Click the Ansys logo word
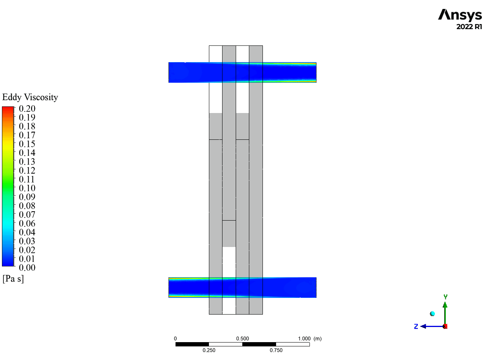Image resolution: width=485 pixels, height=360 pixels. coord(460,15)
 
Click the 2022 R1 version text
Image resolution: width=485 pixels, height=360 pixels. coord(469,27)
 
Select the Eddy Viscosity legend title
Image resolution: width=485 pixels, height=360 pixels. coord(30,97)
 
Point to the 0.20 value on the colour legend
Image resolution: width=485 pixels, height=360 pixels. coord(27,108)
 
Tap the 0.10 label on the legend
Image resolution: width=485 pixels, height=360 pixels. coord(27,188)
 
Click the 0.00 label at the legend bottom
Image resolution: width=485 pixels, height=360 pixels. coord(27,268)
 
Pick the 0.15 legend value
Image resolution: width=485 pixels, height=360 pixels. coord(27,144)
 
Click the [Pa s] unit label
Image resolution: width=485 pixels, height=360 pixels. coord(13,279)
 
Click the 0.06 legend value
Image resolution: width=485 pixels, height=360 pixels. coord(27,223)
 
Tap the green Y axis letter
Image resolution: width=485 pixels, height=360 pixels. coord(445,297)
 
